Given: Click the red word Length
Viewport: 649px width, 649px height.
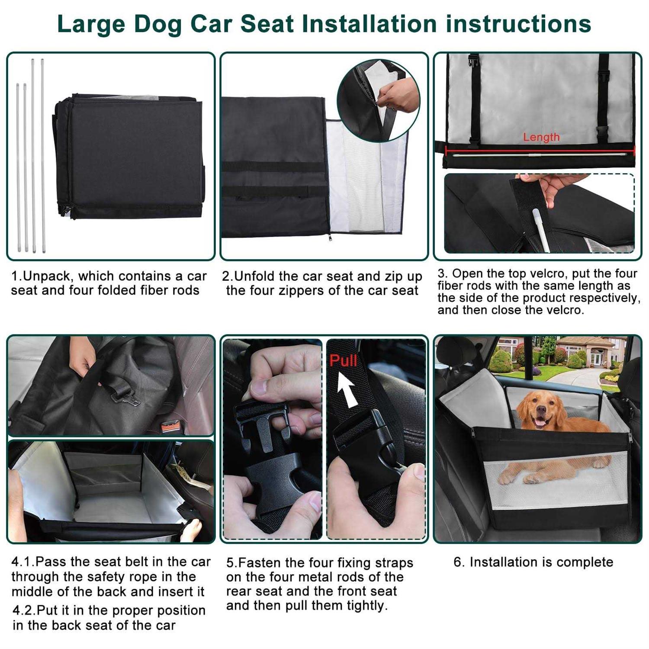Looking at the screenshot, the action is click(x=541, y=137).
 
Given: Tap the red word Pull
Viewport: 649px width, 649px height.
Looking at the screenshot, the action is click(x=343, y=360).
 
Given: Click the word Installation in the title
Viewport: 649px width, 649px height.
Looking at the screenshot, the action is click(x=369, y=24).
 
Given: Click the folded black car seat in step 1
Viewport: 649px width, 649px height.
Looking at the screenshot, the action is click(x=128, y=157).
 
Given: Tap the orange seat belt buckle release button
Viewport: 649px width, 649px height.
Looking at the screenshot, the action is click(x=170, y=427).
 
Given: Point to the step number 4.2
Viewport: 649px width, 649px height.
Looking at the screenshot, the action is click(x=23, y=610).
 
